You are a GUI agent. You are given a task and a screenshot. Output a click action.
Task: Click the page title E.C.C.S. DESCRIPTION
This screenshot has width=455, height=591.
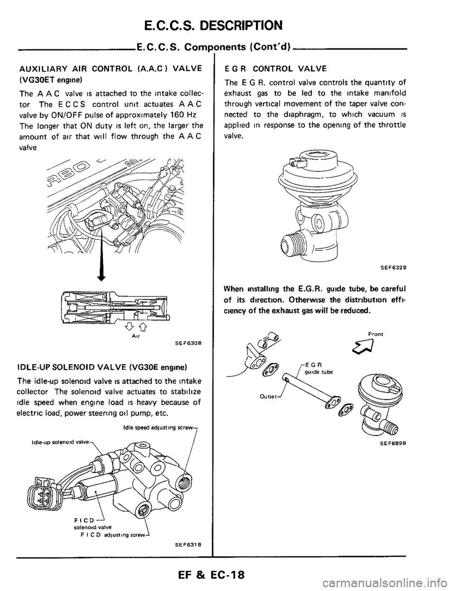click(x=227, y=24)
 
